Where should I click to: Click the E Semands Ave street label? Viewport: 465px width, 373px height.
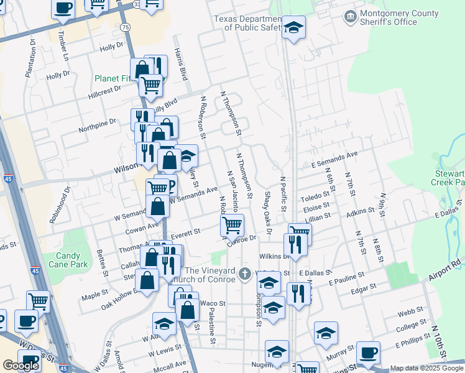tap(335, 159)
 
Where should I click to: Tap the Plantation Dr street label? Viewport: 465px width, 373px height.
tap(30, 58)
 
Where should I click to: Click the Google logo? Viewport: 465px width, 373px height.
tap(21, 366)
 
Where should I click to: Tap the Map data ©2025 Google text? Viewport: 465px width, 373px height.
tap(426, 368)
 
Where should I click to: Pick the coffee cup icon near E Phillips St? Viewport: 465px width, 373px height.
tap(368, 352)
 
